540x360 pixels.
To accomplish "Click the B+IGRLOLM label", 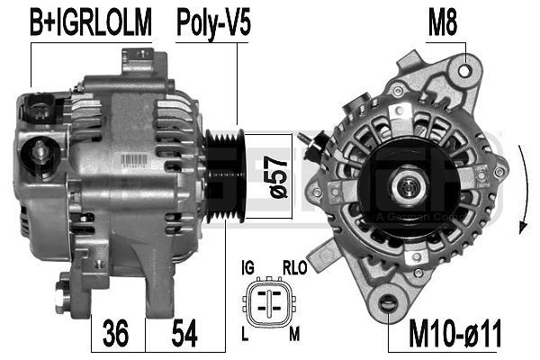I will tap(91, 22).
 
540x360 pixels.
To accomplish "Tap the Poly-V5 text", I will tap(213, 22).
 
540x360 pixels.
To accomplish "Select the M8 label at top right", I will tap(443, 22).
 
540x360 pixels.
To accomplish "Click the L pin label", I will tap(246, 334).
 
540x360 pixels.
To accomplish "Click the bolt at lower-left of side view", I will tap(63, 293).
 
